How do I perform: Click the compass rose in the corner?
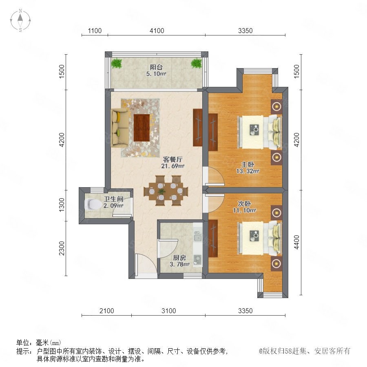point(20,20)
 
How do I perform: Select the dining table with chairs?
point(166,191)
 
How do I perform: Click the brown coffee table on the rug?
point(141,128)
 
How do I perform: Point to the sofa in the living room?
point(120,127)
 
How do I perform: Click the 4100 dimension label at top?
point(157,31)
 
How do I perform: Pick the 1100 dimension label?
point(95,31)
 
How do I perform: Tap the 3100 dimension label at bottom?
point(168,311)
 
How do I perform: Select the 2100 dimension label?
point(107,311)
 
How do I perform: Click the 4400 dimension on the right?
point(296,242)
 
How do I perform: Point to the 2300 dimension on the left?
point(62,248)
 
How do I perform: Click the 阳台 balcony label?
point(156,67)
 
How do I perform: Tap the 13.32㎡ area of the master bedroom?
point(248,171)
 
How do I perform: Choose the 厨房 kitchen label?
point(179,258)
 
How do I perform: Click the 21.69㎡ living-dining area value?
point(173,166)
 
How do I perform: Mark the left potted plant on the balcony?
point(117,63)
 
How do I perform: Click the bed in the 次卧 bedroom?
point(259,238)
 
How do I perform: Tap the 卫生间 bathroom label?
point(113,199)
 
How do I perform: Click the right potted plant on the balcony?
point(197,63)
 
